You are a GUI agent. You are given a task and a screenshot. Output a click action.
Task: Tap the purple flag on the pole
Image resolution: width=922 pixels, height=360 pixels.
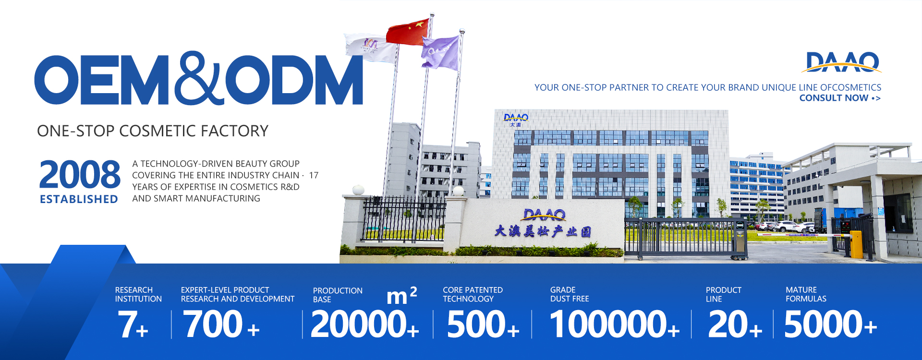pyautogui.click(x=440, y=53)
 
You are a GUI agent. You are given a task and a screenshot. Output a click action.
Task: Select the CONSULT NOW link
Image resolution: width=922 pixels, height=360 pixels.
pyautogui.click(x=840, y=98)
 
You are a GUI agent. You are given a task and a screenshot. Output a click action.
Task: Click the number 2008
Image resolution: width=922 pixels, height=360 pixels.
pyautogui.click(x=80, y=175)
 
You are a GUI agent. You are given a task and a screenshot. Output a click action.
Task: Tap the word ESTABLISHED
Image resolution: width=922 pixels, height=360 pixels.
pyautogui.click(x=79, y=199)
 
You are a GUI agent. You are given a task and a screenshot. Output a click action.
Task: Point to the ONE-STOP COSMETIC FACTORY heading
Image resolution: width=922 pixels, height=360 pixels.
pyautogui.click(x=153, y=131)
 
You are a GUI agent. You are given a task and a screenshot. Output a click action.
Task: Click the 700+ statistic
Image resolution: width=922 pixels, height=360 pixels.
pyautogui.click(x=221, y=324)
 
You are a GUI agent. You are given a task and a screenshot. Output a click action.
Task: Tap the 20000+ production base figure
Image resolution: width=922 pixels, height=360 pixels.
pyautogui.click(x=365, y=324)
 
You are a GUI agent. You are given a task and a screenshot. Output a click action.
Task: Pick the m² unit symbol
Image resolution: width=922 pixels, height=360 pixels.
pyautogui.click(x=402, y=295)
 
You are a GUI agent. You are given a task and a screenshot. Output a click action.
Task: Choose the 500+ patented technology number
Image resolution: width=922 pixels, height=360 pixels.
pyautogui.click(x=483, y=324)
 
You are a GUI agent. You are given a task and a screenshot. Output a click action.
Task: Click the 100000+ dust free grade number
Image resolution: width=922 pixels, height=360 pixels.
pyautogui.click(x=615, y=324)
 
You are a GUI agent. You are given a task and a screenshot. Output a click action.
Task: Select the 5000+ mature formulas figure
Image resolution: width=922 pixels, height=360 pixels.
pyautogui.click(x=831, y=324)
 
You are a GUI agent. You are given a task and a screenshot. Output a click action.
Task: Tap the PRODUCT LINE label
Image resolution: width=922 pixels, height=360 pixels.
pyautogui.click(x=724, y=294)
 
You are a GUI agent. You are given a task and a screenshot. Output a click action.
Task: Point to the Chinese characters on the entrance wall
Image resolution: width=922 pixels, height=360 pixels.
pyautogui.click(x=543, y=231)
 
